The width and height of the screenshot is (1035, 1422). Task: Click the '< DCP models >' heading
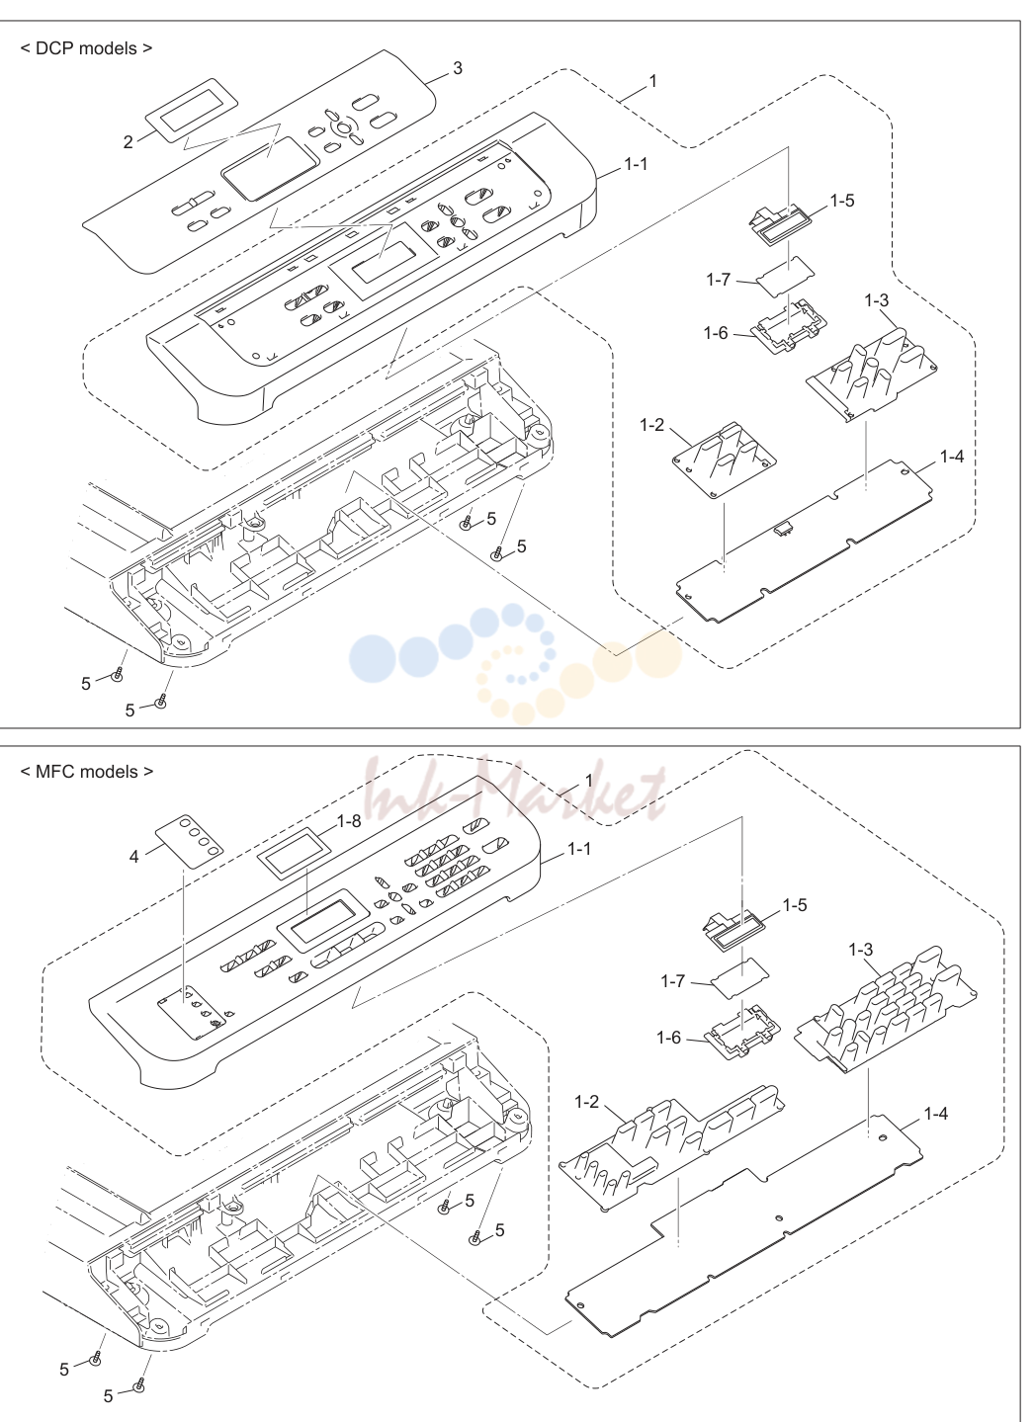(x=86, y=48)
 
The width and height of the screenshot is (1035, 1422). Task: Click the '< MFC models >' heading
(x=86, y=772)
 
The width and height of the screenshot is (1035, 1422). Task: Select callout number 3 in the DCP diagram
(x=457, y=68)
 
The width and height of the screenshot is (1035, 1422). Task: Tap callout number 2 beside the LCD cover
(x=128, y=142)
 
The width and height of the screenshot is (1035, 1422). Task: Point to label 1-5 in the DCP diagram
(x=842, y=201)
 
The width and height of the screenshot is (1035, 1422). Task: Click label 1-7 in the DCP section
(x=718, y=280)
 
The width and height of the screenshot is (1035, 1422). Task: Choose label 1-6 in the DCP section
(x=716, y=333)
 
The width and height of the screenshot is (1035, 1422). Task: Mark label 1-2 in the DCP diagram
(x=651, y=425)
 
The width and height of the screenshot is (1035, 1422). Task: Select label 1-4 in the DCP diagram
(x=951, y=456)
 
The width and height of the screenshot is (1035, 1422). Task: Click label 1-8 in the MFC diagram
(x=349, y=821)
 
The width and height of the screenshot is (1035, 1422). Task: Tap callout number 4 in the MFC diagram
(x=134, y=857)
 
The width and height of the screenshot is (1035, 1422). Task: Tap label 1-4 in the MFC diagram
(x=935, y=1114)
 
